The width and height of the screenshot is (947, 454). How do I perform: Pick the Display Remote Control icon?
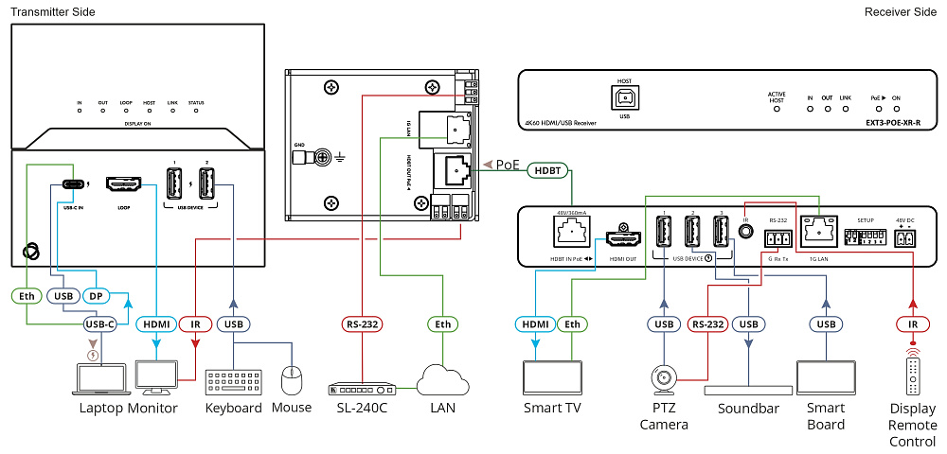(913, 375)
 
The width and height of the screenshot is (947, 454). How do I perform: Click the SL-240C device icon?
(360, 389)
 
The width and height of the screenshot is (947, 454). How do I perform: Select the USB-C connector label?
(100, 324)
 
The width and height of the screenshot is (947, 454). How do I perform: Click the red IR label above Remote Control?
(913, 324)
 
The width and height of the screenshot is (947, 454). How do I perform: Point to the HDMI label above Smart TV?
(537, 324)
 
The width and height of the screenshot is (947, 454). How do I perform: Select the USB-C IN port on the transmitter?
(74, 183)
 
